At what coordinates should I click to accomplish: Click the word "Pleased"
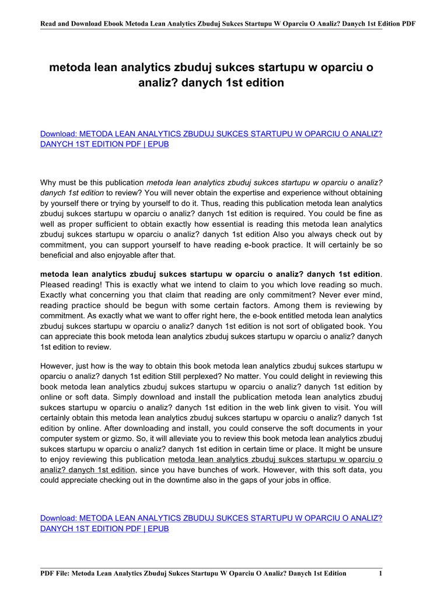tap(55, 285)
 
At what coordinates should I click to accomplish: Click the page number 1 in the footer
tap(380, 574)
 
